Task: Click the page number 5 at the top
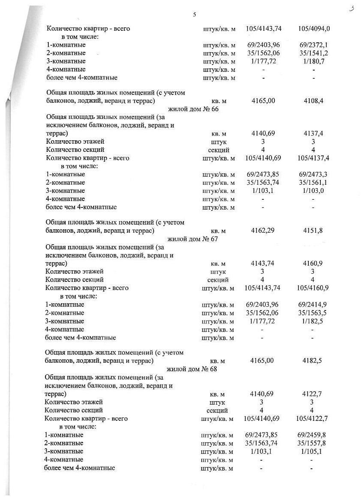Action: pyautogui.click(x=194, y=15)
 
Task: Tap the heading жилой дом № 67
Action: pyautogui.click(x=193, y=239)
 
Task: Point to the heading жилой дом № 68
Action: pyautogui.click(x=192, y=369)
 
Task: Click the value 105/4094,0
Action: pyautogui.click(x=314, y=29)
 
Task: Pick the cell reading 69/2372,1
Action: pyautogui.click(x=314, y=45)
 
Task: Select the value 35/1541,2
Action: pyautogui.click(x=314, y=53)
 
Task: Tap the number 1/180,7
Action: pyautogui.click(x=314, y=61)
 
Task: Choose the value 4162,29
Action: pyautogui.click(x=263, y=231)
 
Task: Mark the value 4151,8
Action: pyautogui.click(x=313, y=231)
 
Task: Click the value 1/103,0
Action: pyautogui.click(x=313, y=191)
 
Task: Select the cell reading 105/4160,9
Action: pyautogui.click(x=312, y=288)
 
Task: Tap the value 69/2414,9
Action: pyautogui.click(x=312, y=305)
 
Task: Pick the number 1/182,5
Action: pyautogui.click(x=312, y=321)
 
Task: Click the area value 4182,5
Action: pyautogui.click(x=312, y=361)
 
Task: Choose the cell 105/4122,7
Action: pyautogui.click(x=311, y=418)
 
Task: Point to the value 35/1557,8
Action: pyautogui.click(x=311, y=443)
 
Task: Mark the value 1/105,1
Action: pyautogui.click(x=311, y=451)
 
